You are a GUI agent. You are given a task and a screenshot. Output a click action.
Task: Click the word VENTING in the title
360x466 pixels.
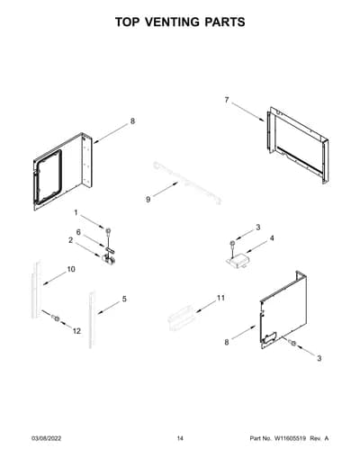[x=175, y=22]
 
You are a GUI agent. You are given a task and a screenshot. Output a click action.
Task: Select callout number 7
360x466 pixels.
[x=227, y=100]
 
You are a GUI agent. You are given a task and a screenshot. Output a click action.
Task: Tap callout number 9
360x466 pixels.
[x=148, y=200]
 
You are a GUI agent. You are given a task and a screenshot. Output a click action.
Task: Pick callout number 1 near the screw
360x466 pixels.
[x=76, y=212]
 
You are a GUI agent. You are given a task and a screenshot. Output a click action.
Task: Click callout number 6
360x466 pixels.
[x=78, y=232]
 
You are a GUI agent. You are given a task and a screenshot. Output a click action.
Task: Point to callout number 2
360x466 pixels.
[x=70, y=240]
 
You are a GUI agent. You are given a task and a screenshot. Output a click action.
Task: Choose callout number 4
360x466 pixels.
[x=272, y=238]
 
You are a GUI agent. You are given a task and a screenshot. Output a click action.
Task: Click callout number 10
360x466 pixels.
[x=71, y=269]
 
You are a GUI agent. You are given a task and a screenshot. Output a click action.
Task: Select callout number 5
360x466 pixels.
[x=124, y=299]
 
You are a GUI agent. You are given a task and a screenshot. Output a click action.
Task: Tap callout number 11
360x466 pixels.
[x=220, y=298]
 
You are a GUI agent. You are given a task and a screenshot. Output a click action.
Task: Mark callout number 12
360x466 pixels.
[x=76, y=331]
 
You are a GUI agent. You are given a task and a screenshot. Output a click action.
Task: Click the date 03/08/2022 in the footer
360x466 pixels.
[x=46, y=438]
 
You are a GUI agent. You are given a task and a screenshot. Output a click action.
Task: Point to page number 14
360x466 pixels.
[x=180, y=438]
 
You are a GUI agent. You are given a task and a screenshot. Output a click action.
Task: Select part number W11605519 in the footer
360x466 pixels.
[x=289, y=438]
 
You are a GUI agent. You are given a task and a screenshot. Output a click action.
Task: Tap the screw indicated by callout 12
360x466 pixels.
[x=56, y=318]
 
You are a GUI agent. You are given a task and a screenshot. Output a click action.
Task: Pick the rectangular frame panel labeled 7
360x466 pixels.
[x=296, y=145]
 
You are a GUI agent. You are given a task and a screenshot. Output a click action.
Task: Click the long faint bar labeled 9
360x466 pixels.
[x=187, y=183]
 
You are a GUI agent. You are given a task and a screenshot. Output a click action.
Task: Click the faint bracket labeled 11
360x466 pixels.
[x=182, y=317]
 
